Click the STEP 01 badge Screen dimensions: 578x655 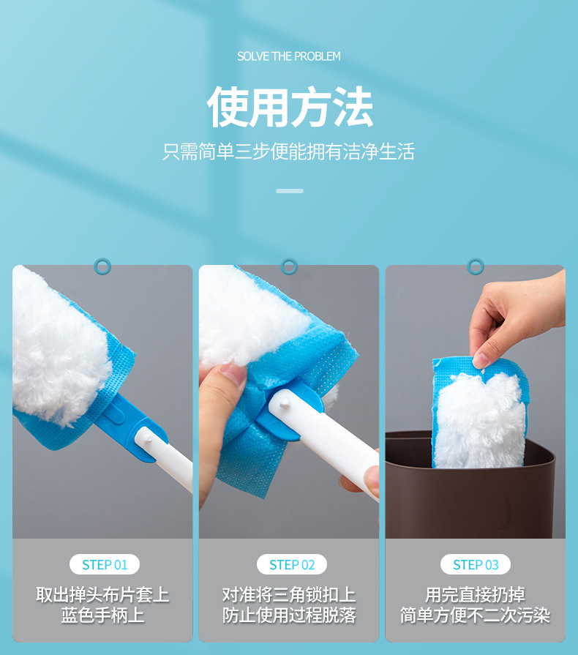coord(105,564)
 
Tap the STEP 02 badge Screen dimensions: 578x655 coord(291,564)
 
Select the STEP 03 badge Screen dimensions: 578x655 coord(476,564)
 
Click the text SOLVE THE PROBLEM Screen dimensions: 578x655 coord(289,56)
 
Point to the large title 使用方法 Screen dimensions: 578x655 coord(290,107)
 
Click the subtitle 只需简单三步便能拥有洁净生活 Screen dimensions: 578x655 coord(288,151)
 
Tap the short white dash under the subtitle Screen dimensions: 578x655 coord(290,191)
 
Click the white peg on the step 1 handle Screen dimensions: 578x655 coord(148,438)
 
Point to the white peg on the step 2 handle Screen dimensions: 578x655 coord(285,403)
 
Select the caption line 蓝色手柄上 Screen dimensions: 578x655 coord(102,615)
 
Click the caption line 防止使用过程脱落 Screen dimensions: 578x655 coord(289,615)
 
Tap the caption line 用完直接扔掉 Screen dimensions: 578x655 coord(476,594)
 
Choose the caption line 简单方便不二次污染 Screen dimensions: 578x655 coord(476,615)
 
